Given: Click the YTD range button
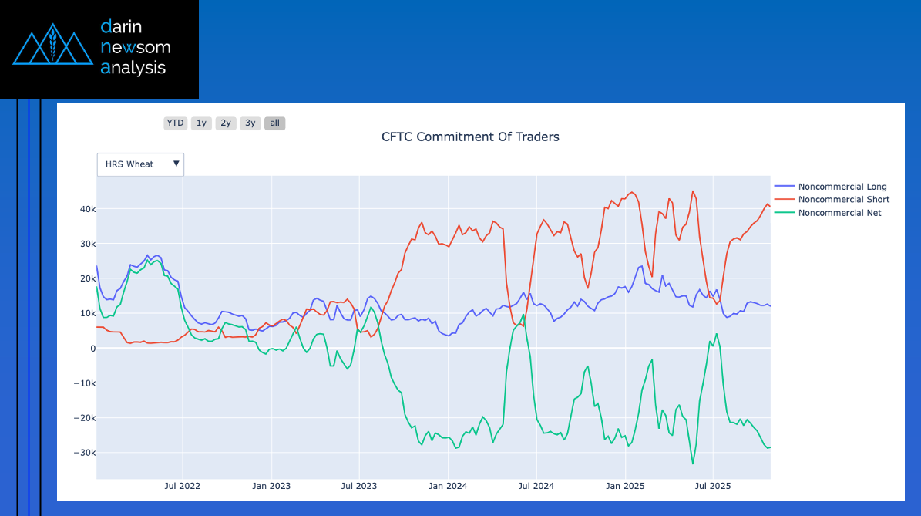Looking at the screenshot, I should pyautogui.click(x=176, y=123).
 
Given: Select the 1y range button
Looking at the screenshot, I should pyautogui.click(x=201, y=123).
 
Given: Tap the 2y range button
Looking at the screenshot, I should pyautogui.click(x=226, y=123).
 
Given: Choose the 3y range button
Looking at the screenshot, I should pyautogui.click(x=250, y=123).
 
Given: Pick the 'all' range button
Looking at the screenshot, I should pyautogui.click(x=274, y=123).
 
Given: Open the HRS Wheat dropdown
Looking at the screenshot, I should pyautogui.click(x=140, y=164).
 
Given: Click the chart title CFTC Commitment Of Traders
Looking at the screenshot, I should pyautogui.click(x=470, y=137).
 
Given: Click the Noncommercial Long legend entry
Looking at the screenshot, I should pyautogui.click(x=842, y=187).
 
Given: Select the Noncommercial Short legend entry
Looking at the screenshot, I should pyautogui.click(x=843, y=200).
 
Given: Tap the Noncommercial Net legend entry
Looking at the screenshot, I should pyautogui.click(x=839, y=213).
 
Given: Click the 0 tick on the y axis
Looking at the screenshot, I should pyautogui.click(x=92, y=349).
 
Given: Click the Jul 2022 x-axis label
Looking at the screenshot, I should pyautogui.click(x=183, y=487).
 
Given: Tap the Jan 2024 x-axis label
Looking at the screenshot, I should pyautogui.click(x=448, y=487).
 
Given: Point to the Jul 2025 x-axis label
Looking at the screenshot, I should pyautogui.click(x=713, y=487).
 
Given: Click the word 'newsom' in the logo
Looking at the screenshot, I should pyautogui.click(x=136, y=48).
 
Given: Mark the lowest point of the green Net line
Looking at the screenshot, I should pyautogui.click(x=692, y=464).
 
